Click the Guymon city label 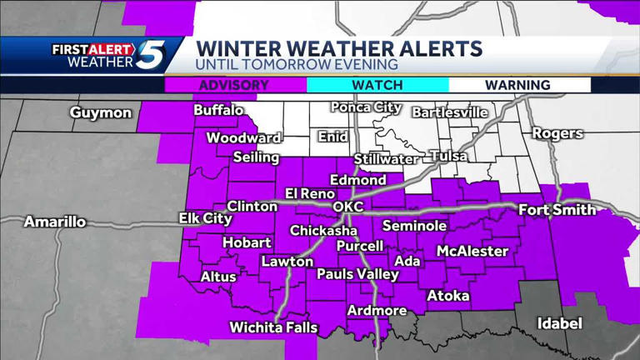101,112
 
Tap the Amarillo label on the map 54,222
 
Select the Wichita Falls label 273,327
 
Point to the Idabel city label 559,322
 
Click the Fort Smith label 557,210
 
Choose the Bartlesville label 449,112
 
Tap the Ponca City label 366,107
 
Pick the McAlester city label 472,251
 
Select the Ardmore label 377,311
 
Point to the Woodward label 243,137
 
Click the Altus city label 218,277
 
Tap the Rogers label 557,133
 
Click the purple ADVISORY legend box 236,85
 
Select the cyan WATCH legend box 377,85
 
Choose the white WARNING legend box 518,85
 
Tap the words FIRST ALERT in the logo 92,49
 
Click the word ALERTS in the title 436,47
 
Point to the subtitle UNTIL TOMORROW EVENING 297,64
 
